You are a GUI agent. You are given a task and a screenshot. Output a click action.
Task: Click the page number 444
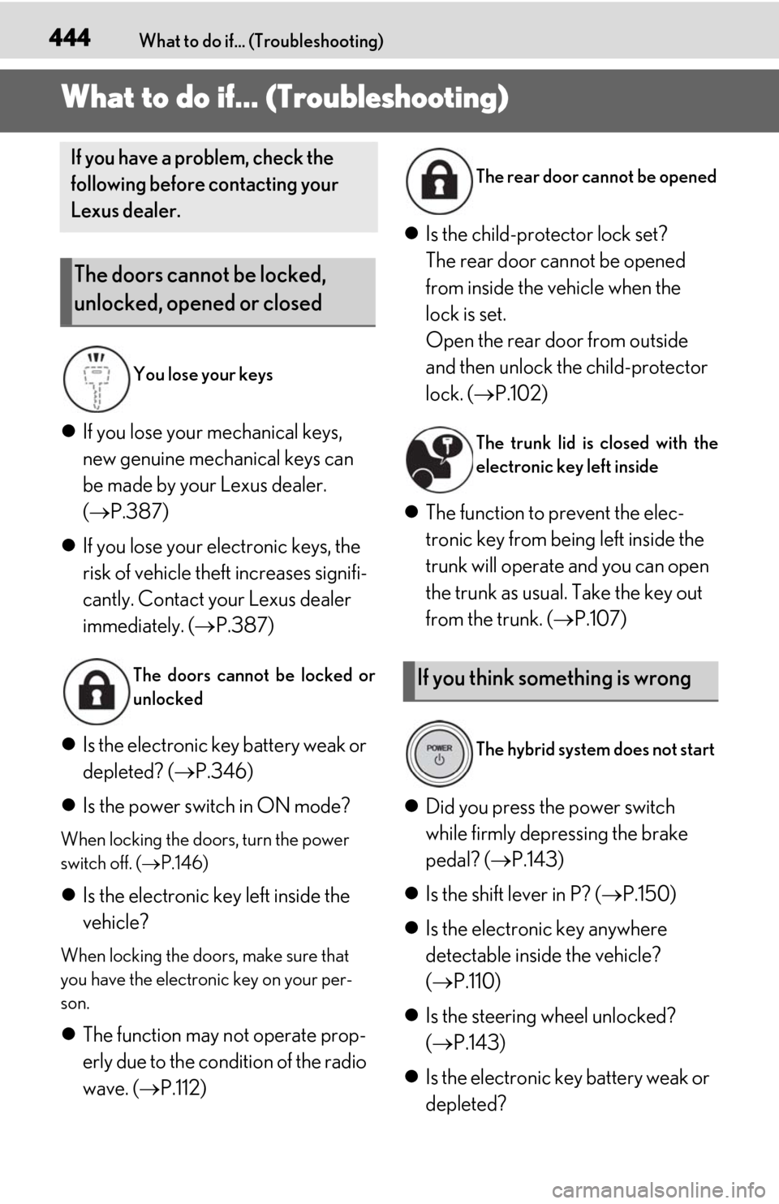click(x=70, y=38)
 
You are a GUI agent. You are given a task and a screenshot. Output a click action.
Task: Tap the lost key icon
click(x=97, y=379)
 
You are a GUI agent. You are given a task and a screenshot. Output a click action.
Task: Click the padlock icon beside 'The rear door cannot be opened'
click(x=439, y=181)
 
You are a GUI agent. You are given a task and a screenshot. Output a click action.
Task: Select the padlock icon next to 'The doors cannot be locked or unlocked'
click(x=97, y=691)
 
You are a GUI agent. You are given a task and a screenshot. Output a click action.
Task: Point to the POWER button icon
click(x=439, y=753)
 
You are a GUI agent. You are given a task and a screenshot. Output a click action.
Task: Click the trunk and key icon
click(x=439, y=459)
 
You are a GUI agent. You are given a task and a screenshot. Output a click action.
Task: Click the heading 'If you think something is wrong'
click(x=553, y=678)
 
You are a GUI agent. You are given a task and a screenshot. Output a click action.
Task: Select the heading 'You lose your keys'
click(x=203, y=374)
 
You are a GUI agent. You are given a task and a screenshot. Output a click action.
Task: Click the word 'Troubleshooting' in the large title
click(x=387, y=98)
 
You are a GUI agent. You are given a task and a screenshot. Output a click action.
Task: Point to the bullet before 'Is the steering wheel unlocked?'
click(x=411, y=1017)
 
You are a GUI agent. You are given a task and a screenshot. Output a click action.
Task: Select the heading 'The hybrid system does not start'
click(x=595, y=750)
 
